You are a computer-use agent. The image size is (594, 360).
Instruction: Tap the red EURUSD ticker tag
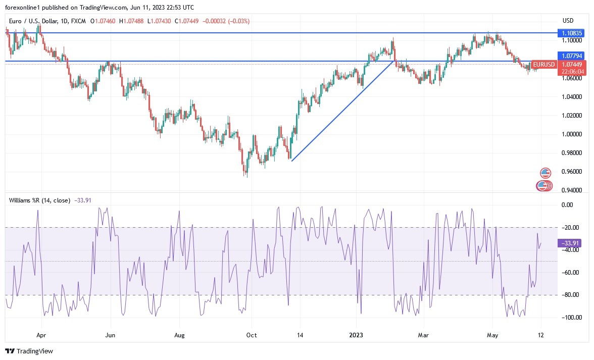(544, 65)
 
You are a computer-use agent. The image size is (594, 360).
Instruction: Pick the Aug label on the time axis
(180, 334)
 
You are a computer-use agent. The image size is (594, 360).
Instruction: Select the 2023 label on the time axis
(356, 334)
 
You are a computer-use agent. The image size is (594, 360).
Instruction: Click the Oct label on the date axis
(251, 334)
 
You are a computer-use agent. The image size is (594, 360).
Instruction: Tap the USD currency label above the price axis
(568, 21)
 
